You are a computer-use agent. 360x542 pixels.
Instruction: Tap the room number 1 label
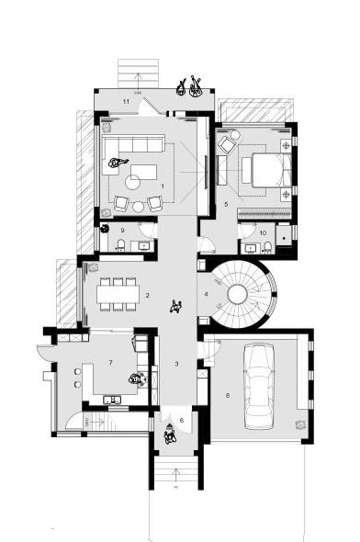[163, 186]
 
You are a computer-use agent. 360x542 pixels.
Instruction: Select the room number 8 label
[228, 395]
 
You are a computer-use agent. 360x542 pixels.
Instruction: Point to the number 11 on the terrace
[126, 101]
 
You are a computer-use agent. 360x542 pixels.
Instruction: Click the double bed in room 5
[272, 171]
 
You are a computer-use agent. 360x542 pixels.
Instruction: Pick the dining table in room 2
[118, 294]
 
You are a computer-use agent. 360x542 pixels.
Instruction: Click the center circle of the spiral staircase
[238, 294]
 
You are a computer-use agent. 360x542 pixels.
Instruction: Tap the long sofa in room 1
[134, 144]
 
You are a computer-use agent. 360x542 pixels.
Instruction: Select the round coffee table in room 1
[132, 182]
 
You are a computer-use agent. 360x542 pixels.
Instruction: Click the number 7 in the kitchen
[110, 362]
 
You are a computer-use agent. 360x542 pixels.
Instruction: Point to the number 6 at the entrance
[182, 421]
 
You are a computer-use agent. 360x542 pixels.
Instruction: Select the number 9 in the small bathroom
[122, 231]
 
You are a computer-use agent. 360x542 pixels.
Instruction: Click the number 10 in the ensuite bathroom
[263, 233]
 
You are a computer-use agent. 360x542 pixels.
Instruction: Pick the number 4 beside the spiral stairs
[206, 294]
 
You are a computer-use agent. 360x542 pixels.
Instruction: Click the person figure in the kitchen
[138, 379]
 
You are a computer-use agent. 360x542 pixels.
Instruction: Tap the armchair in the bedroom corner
[228, 144]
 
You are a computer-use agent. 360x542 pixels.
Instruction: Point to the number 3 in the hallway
[176, 364]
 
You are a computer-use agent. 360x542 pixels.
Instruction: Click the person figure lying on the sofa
[118, 163]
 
